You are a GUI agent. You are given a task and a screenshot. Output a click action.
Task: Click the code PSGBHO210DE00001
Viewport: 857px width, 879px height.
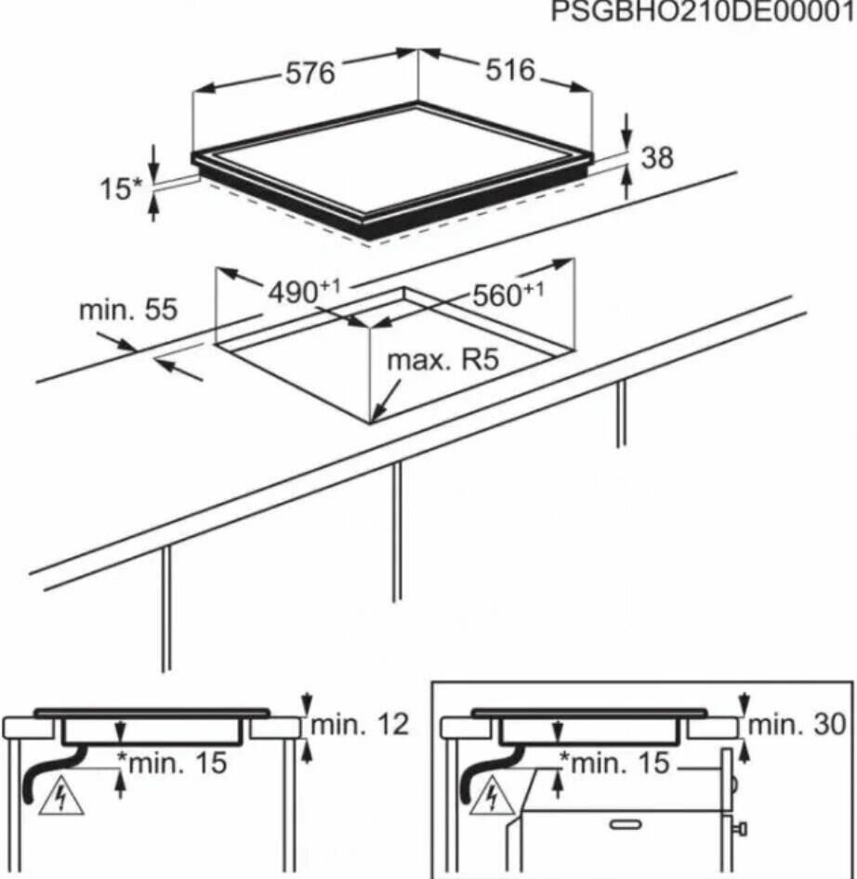pyautogui.click(x=704, y=11)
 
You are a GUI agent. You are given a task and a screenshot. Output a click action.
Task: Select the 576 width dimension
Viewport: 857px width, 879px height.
pyautogui.click(x=310, y=73)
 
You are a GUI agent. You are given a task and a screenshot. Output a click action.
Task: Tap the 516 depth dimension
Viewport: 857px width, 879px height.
pyautogui.click(x=510, y=71)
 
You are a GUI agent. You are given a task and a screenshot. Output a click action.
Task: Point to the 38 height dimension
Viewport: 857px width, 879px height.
pyautogui.click(x=657, y=158)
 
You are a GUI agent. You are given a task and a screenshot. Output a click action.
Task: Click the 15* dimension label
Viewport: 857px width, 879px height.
pyautogui.click(x=122, y=189)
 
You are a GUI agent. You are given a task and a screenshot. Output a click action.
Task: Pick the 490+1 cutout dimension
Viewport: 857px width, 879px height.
pyautogui.click(x=304, y=292)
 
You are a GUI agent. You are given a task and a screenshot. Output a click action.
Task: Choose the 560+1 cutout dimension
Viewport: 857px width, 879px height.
pyautogui.click(x=508, y=295)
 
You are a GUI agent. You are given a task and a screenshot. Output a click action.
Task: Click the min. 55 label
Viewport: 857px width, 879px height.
pyautogui.click(x=128, y=309)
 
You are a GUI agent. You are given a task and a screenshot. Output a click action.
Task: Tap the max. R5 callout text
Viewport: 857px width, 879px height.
pyautogui.click(x=443, y=361)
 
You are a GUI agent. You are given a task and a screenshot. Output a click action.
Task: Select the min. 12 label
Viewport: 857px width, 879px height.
pyautogui.click(x=360, y=725)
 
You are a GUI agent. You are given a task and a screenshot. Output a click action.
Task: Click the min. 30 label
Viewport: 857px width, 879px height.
pyautogui.click(x=797, y=725)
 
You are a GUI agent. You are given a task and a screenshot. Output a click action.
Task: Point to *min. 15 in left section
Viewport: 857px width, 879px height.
pyautogui.click(x=172, y=763)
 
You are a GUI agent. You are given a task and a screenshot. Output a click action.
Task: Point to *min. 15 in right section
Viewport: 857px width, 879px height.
pyautogui.click(x=615, y=763)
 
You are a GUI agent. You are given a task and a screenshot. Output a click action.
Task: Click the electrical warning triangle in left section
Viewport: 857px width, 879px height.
pyautogui.click(x=61, y=794)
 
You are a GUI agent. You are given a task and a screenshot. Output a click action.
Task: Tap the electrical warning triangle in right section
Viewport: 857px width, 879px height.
pyautogui.click(x=492, y=794)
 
